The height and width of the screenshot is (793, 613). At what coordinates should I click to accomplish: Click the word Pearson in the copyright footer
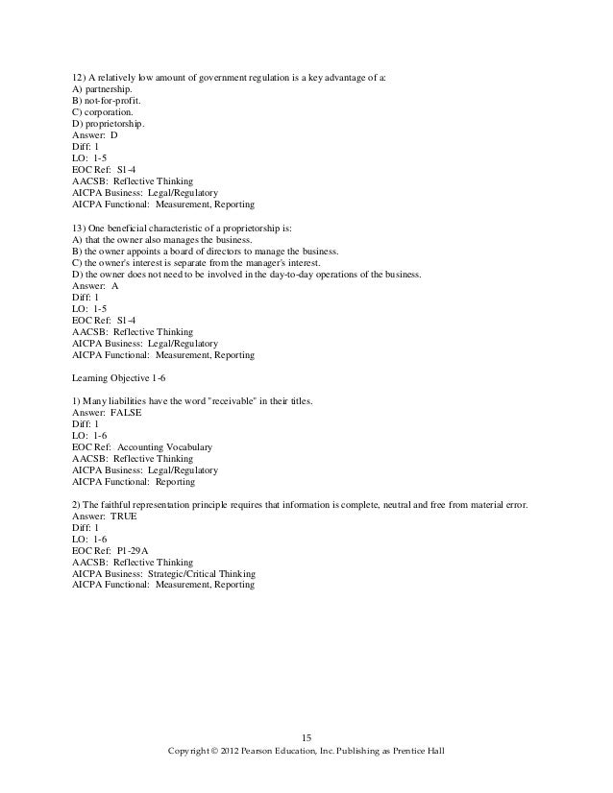[274, 750]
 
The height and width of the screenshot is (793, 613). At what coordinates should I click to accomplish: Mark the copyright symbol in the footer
[220, 750]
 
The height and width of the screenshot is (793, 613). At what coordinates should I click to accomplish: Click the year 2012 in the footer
[239, 750]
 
